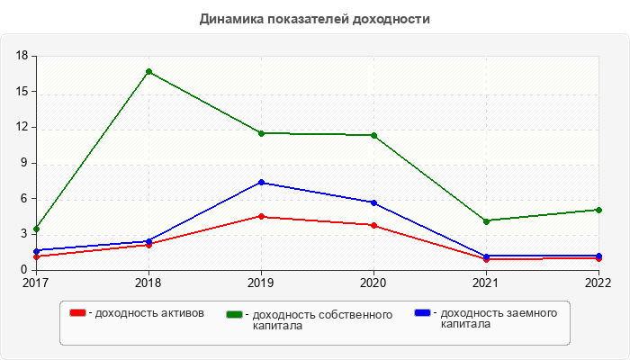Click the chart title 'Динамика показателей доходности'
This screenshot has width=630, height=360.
click(315, 19)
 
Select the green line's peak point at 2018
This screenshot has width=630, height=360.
click(148, 71)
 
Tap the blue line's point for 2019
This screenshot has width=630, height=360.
click(261, 183)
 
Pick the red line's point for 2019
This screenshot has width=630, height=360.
click(261, 216)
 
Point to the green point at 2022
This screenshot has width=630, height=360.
click(598, 210)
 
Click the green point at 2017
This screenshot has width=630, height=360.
click(36, 229)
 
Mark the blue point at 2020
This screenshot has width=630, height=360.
click(373, 202)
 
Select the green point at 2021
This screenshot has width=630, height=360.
click(486, 220)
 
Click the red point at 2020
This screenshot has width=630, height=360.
click(373, 225)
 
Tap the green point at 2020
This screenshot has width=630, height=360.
click(373, 135)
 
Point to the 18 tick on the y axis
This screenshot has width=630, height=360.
click(23, 56)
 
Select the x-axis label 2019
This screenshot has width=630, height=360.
click(261, 283)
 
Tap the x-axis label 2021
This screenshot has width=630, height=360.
click(486, 283)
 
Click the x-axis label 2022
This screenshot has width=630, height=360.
click(598, 283)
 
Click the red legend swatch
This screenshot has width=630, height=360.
click(78, 312)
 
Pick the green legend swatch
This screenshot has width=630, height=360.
click(235, 314)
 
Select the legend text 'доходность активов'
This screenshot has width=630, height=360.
click(148, 313)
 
